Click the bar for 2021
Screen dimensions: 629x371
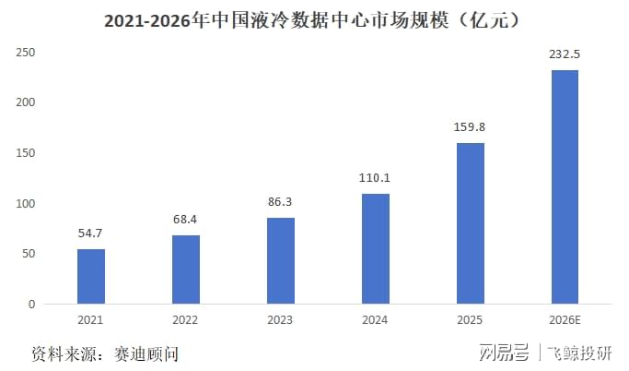click(x=91, y=277)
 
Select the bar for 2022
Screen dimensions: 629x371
click(x=186, y=269)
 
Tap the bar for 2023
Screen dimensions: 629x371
click(x=281, y=261)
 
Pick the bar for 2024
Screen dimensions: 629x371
click(x=376, y=249)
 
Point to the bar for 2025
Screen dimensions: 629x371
click(x=471, y=223)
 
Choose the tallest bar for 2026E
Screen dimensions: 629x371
click(x=565, y=187)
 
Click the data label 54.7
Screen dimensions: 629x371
click(x=90, y=233)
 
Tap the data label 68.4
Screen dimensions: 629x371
click(x=185, y=219)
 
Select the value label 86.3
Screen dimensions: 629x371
click(x=280, y=201)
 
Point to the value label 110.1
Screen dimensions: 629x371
click(x=374, y=178)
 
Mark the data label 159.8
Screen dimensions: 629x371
click(x=470, y=127)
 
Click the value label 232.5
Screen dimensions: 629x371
click(x=565, y=54)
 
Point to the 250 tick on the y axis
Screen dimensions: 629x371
click(x=25, y=53)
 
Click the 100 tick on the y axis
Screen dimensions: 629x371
click(x=25, y=203)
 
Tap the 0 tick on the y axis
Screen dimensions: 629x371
click(x=31, y=305)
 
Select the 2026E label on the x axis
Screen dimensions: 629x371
click(x=565, y=320)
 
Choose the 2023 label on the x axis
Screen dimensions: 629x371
click(x=280, y=320)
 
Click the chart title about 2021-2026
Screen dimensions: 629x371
click(x=311, y=20)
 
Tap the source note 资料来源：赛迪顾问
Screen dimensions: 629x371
click(x=105, y=354)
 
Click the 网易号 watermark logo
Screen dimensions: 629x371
click(x=505, y=353)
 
